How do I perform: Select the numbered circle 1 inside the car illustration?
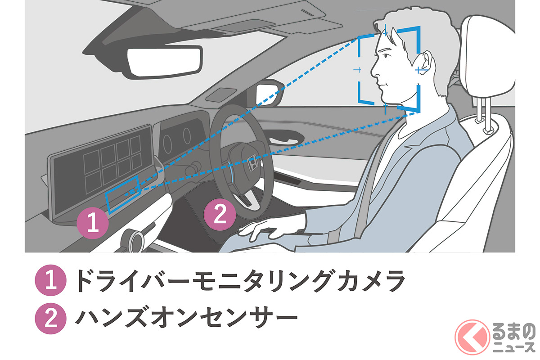pyautogui.click(x=93, y=223)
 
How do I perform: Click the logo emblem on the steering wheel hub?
pyautogui.click(x=253, y=160)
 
